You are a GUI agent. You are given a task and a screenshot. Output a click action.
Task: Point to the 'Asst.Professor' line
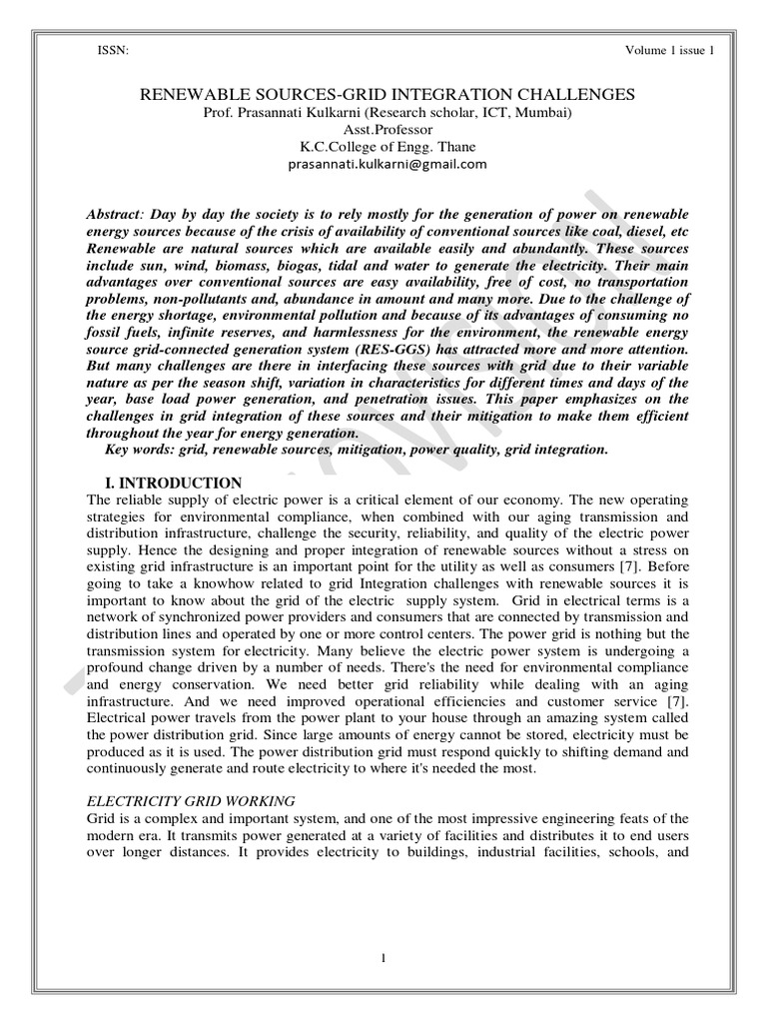coord(383,130)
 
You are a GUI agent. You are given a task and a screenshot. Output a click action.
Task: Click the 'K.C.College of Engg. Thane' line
coord(383,147)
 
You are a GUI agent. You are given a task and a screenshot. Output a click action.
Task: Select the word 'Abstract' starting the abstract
coord(115,217)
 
